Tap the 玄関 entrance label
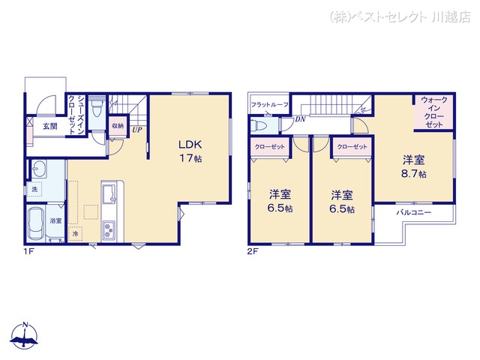pyautogui.click(x=50, y=126)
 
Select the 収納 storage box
pyautogui.click(x=118, y=126)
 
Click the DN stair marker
pyautogui.click(x=299, y=118)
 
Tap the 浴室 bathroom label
pyautogui.click(x=56, y=221)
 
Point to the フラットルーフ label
pyautogui.click(x=270, y=105)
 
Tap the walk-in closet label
pyautogui.click(x=434, y=112)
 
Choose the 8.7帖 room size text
pyautogui.click(x=413, y=174)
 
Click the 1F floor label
pyautogui.click(x=28, y=253)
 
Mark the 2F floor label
pyautogui.click(x=253, y=253)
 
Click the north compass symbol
pyautogui.click(x=25, y=336)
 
